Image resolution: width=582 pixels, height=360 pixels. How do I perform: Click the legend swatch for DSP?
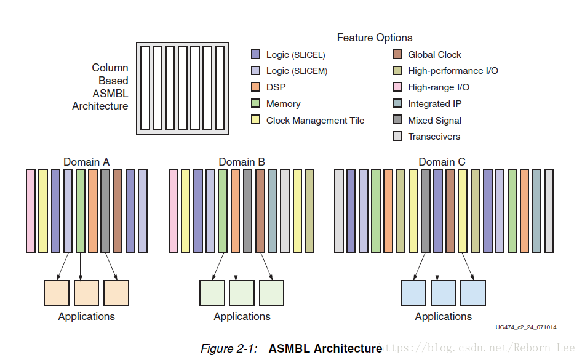[256, 87]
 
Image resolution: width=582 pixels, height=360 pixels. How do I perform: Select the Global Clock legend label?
[434, 55]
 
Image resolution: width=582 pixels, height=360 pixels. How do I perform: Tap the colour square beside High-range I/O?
[397, 87]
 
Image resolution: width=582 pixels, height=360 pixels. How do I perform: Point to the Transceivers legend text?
[434, 137]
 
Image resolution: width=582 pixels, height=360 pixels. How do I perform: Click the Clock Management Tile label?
[315, 121]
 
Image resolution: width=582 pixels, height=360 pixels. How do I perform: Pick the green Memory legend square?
[256, 104]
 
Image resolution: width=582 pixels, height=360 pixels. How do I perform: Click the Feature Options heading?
[374, 38]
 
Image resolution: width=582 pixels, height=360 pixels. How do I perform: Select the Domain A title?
[86, 162]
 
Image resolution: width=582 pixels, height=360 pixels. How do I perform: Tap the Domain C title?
[442, 162]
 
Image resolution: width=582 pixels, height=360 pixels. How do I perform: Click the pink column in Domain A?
[31, 211]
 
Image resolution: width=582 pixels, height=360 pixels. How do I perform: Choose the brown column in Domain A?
[118, 211]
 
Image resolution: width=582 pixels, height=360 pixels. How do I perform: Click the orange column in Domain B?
[235, 211]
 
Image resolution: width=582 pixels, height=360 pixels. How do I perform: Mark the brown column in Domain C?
[450, 211]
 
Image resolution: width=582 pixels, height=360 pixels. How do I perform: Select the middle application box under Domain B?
[242, 293]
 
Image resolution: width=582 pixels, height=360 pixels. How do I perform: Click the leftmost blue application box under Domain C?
[413, 293]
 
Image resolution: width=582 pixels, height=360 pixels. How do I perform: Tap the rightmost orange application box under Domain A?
[116, 293]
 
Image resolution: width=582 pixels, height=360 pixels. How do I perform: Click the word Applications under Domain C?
[443, 316]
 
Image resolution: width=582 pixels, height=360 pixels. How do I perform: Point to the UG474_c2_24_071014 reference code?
[525, 327]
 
